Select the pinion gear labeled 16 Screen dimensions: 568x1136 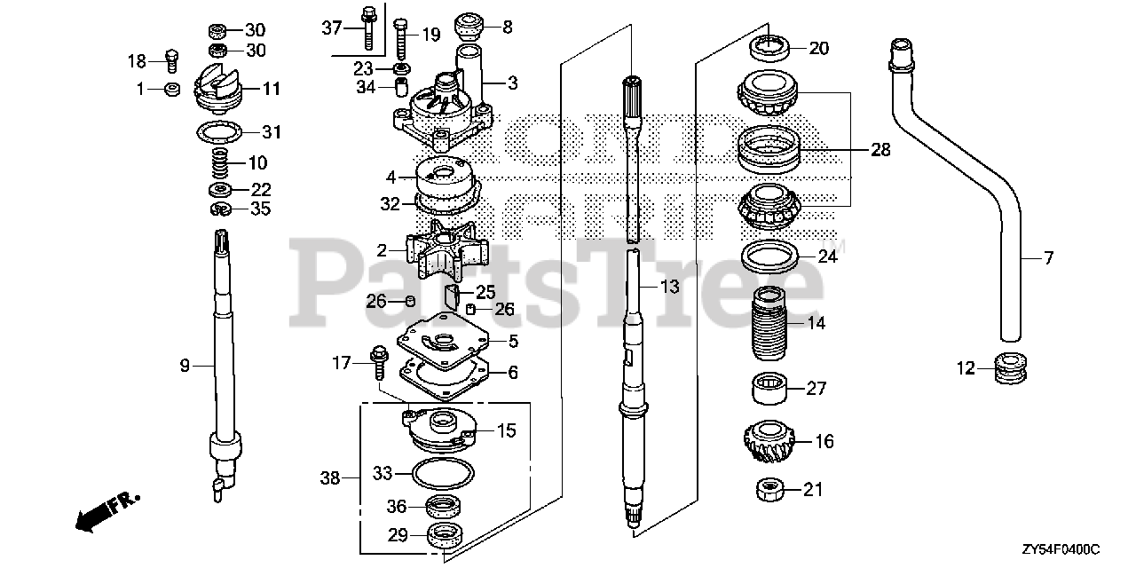766,441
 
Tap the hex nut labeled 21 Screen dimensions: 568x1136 766,489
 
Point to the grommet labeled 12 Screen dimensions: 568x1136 1008,368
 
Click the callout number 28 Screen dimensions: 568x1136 880,150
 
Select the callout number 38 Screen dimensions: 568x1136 330,478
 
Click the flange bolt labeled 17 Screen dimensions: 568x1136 377,359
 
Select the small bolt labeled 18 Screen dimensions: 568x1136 172,59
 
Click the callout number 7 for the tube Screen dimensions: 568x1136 1048,258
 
